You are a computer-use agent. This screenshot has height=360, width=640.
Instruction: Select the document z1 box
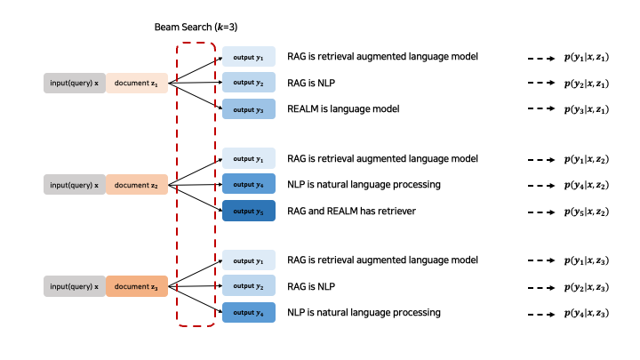point(137,84)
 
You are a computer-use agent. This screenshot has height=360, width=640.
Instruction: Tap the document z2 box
point(137,185)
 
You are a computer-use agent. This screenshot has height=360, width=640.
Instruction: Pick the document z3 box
point(137,286)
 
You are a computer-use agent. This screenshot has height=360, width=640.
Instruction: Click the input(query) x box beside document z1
point(74,84)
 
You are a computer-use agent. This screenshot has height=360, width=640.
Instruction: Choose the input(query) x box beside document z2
point(74,185)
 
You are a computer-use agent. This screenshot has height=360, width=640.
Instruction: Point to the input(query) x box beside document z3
point(74,286)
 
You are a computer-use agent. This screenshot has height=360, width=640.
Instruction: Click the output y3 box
point(249,109)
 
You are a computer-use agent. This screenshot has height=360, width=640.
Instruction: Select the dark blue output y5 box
point(249,211)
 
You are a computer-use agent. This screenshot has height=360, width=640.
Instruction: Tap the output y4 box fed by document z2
point(249,185)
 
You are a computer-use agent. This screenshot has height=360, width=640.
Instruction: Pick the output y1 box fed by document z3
point(249,260)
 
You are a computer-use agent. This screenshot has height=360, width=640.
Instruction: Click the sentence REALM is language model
point(343,108)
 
